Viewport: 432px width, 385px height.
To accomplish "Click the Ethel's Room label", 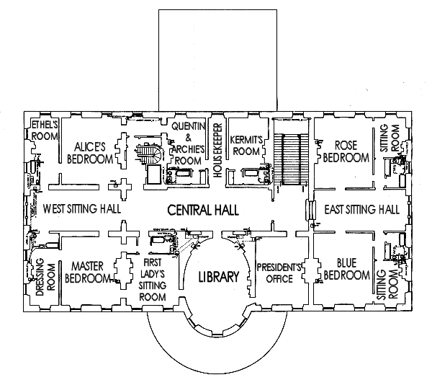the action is (45, 130).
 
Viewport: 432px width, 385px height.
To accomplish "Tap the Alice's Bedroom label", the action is (90, 153).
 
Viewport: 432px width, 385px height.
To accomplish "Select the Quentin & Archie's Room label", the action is (188, 143).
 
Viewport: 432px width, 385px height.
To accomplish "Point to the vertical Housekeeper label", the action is (217, 151).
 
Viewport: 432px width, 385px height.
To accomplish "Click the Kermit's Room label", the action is (246, 146).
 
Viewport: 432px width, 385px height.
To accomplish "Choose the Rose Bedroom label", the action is (346, 151).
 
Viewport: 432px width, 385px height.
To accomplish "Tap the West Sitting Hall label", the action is (82, 209).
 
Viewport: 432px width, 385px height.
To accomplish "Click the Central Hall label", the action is (203, 210).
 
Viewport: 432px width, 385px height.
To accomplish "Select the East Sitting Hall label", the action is (361, 209).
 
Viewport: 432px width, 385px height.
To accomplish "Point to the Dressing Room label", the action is (45, 277).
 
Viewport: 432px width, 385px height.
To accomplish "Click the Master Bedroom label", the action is (88, 273).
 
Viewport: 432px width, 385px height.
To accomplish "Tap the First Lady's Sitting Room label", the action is (153, 280).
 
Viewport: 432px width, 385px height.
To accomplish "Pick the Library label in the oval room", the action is (219, 277).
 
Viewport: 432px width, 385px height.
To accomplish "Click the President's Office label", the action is (279, 273).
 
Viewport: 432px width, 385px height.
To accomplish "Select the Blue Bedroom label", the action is (346, 269).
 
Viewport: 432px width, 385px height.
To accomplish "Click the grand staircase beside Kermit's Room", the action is (291, 159).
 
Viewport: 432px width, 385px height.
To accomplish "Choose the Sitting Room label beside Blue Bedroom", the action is (387, 285).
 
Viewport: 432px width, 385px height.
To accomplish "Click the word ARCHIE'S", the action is (188, 149).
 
